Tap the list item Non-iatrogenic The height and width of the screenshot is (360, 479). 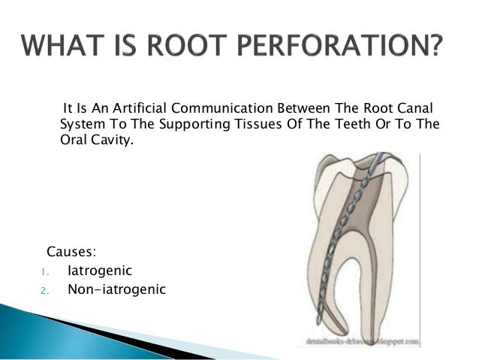pos(116,289)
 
